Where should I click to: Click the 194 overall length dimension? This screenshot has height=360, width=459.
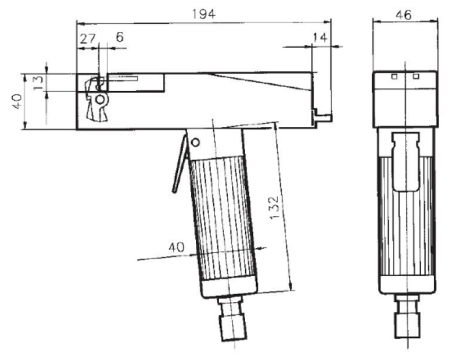(x=204, y=14)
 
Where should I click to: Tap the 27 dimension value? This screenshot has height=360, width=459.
(x=88, y=38)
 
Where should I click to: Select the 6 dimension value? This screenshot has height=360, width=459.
(x=120, y=37)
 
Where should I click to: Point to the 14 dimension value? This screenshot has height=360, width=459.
(x=320, y=37)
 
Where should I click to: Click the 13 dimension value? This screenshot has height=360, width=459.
(x=38, y=83)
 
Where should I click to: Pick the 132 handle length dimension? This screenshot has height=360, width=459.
(x=274, y=208)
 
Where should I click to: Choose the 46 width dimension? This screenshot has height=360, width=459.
(x=403, y=15)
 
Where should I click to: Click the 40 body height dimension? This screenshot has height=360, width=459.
(x=17, y=101)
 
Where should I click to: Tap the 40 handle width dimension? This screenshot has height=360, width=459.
(x=177, y=248)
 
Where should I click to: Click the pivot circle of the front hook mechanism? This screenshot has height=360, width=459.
(x=100, y=100)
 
